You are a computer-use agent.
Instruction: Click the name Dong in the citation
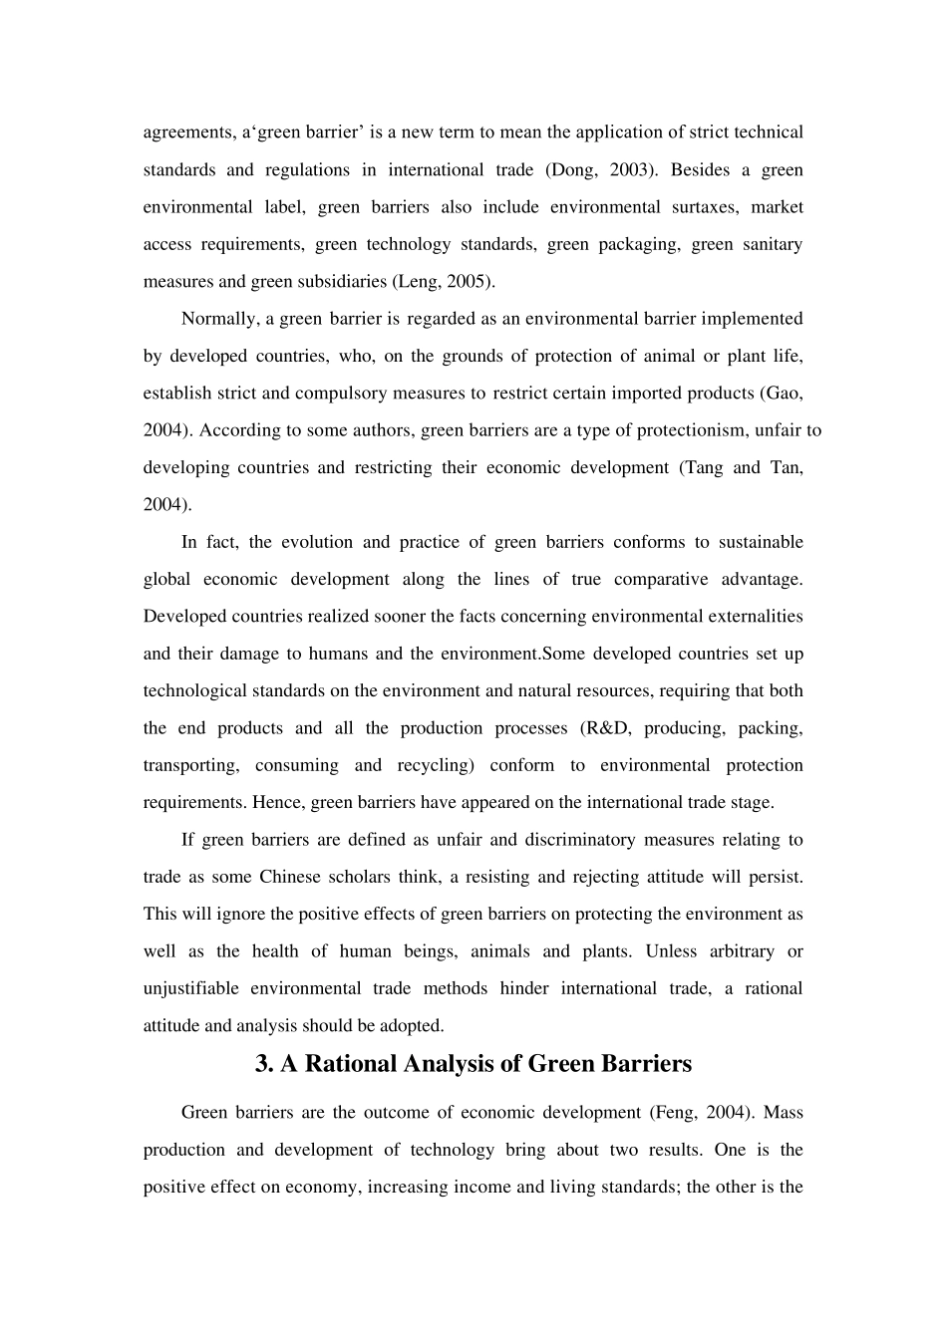574,170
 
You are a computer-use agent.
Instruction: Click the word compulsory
339,394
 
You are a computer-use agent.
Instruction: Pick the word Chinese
290,877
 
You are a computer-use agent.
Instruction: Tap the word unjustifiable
191,988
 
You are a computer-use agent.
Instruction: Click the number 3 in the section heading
263,1064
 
